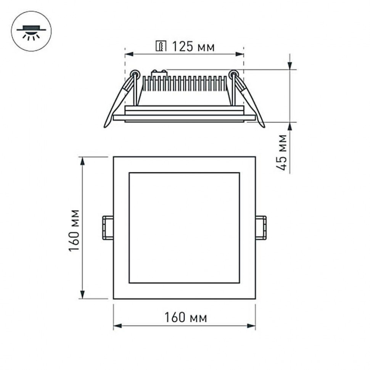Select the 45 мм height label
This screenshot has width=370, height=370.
coord(282,152)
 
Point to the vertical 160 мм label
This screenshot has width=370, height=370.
coord(75,230)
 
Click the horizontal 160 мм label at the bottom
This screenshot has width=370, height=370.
coord(185,317)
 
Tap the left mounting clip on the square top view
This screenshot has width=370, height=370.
coord(108,228)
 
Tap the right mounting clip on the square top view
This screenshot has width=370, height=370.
coord(261,228)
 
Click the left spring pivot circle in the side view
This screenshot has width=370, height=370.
coord(135,73)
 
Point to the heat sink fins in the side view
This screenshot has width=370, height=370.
coord(185,84)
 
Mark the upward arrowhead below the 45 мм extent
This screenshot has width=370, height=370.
coord(290,127)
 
